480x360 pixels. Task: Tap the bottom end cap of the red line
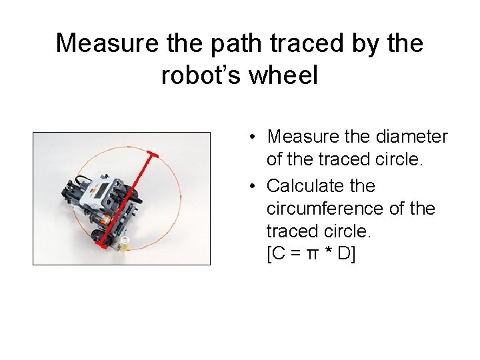101,245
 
